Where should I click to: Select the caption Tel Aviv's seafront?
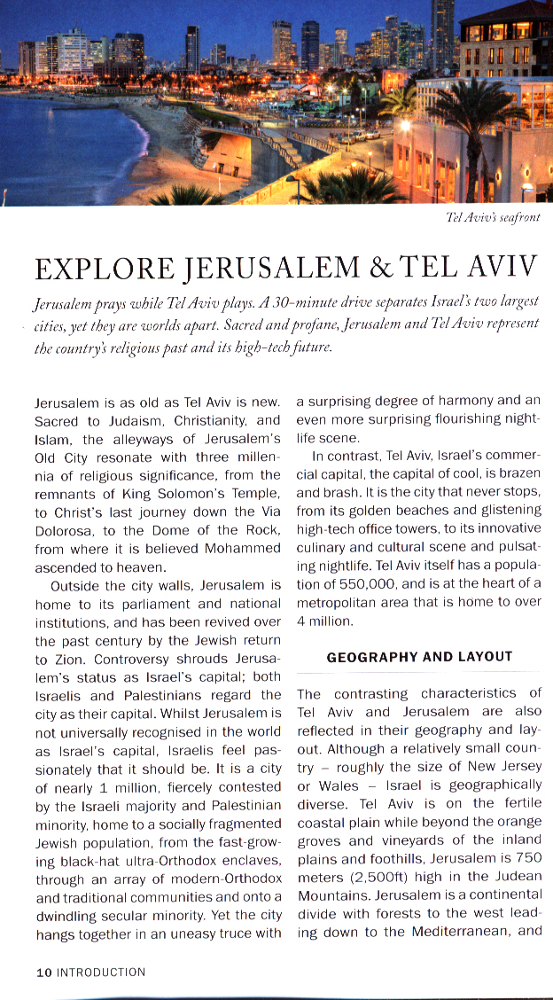tap(495, 217)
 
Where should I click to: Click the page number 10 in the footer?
tap(43, 973)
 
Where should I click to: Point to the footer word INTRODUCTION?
tap(101, 973)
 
